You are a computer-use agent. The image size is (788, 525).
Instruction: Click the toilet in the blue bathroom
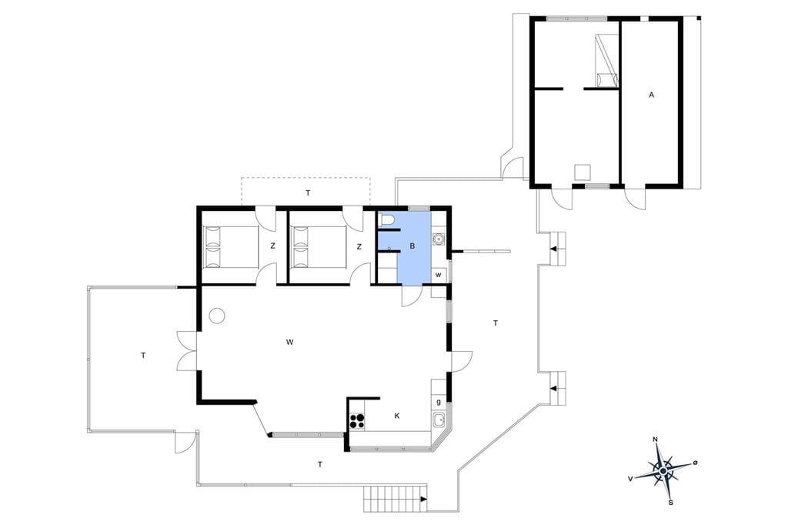[386, 219]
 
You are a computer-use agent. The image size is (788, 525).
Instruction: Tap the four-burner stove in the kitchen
[357, 420]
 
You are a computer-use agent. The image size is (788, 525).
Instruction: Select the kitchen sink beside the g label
[439, 419]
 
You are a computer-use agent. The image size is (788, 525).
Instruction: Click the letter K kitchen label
[397, 416]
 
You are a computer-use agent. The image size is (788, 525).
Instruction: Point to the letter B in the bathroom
[412, 246]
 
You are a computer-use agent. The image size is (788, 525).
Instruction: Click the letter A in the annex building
[651, 95]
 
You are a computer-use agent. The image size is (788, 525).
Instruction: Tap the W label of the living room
[289, 343]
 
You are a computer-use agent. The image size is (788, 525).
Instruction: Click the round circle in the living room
[217, 316]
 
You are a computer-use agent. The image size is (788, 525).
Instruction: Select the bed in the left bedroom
[231, 246]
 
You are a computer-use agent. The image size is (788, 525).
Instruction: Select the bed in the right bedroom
[319, 246]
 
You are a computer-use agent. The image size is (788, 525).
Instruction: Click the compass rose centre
[663, 470]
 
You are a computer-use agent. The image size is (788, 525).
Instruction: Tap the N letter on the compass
[655, 440]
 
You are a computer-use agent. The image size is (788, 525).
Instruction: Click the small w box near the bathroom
[439, 275]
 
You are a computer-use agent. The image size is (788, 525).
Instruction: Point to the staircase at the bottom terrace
[396, 499]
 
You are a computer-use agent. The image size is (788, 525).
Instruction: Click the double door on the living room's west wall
[187, 351]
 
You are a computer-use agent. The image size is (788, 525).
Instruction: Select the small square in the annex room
[583, 172]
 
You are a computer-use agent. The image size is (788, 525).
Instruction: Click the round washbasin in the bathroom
[439, 239]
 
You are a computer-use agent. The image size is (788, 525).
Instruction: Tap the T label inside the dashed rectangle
[308, 192]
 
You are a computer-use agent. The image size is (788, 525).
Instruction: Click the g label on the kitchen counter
[439, 403]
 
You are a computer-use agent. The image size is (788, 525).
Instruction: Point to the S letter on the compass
[670, 502]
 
